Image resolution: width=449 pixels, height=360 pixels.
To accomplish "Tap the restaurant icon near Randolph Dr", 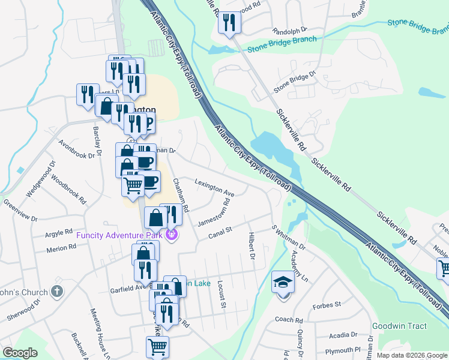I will click(229, 22).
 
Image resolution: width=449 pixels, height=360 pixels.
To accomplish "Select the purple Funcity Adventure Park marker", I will click(173, 234).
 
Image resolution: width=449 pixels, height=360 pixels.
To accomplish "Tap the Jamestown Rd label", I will click(214, 211).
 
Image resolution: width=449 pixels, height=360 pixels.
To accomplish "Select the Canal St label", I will click(220, 232).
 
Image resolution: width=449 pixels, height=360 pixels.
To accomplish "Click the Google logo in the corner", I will click(20, 353).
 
